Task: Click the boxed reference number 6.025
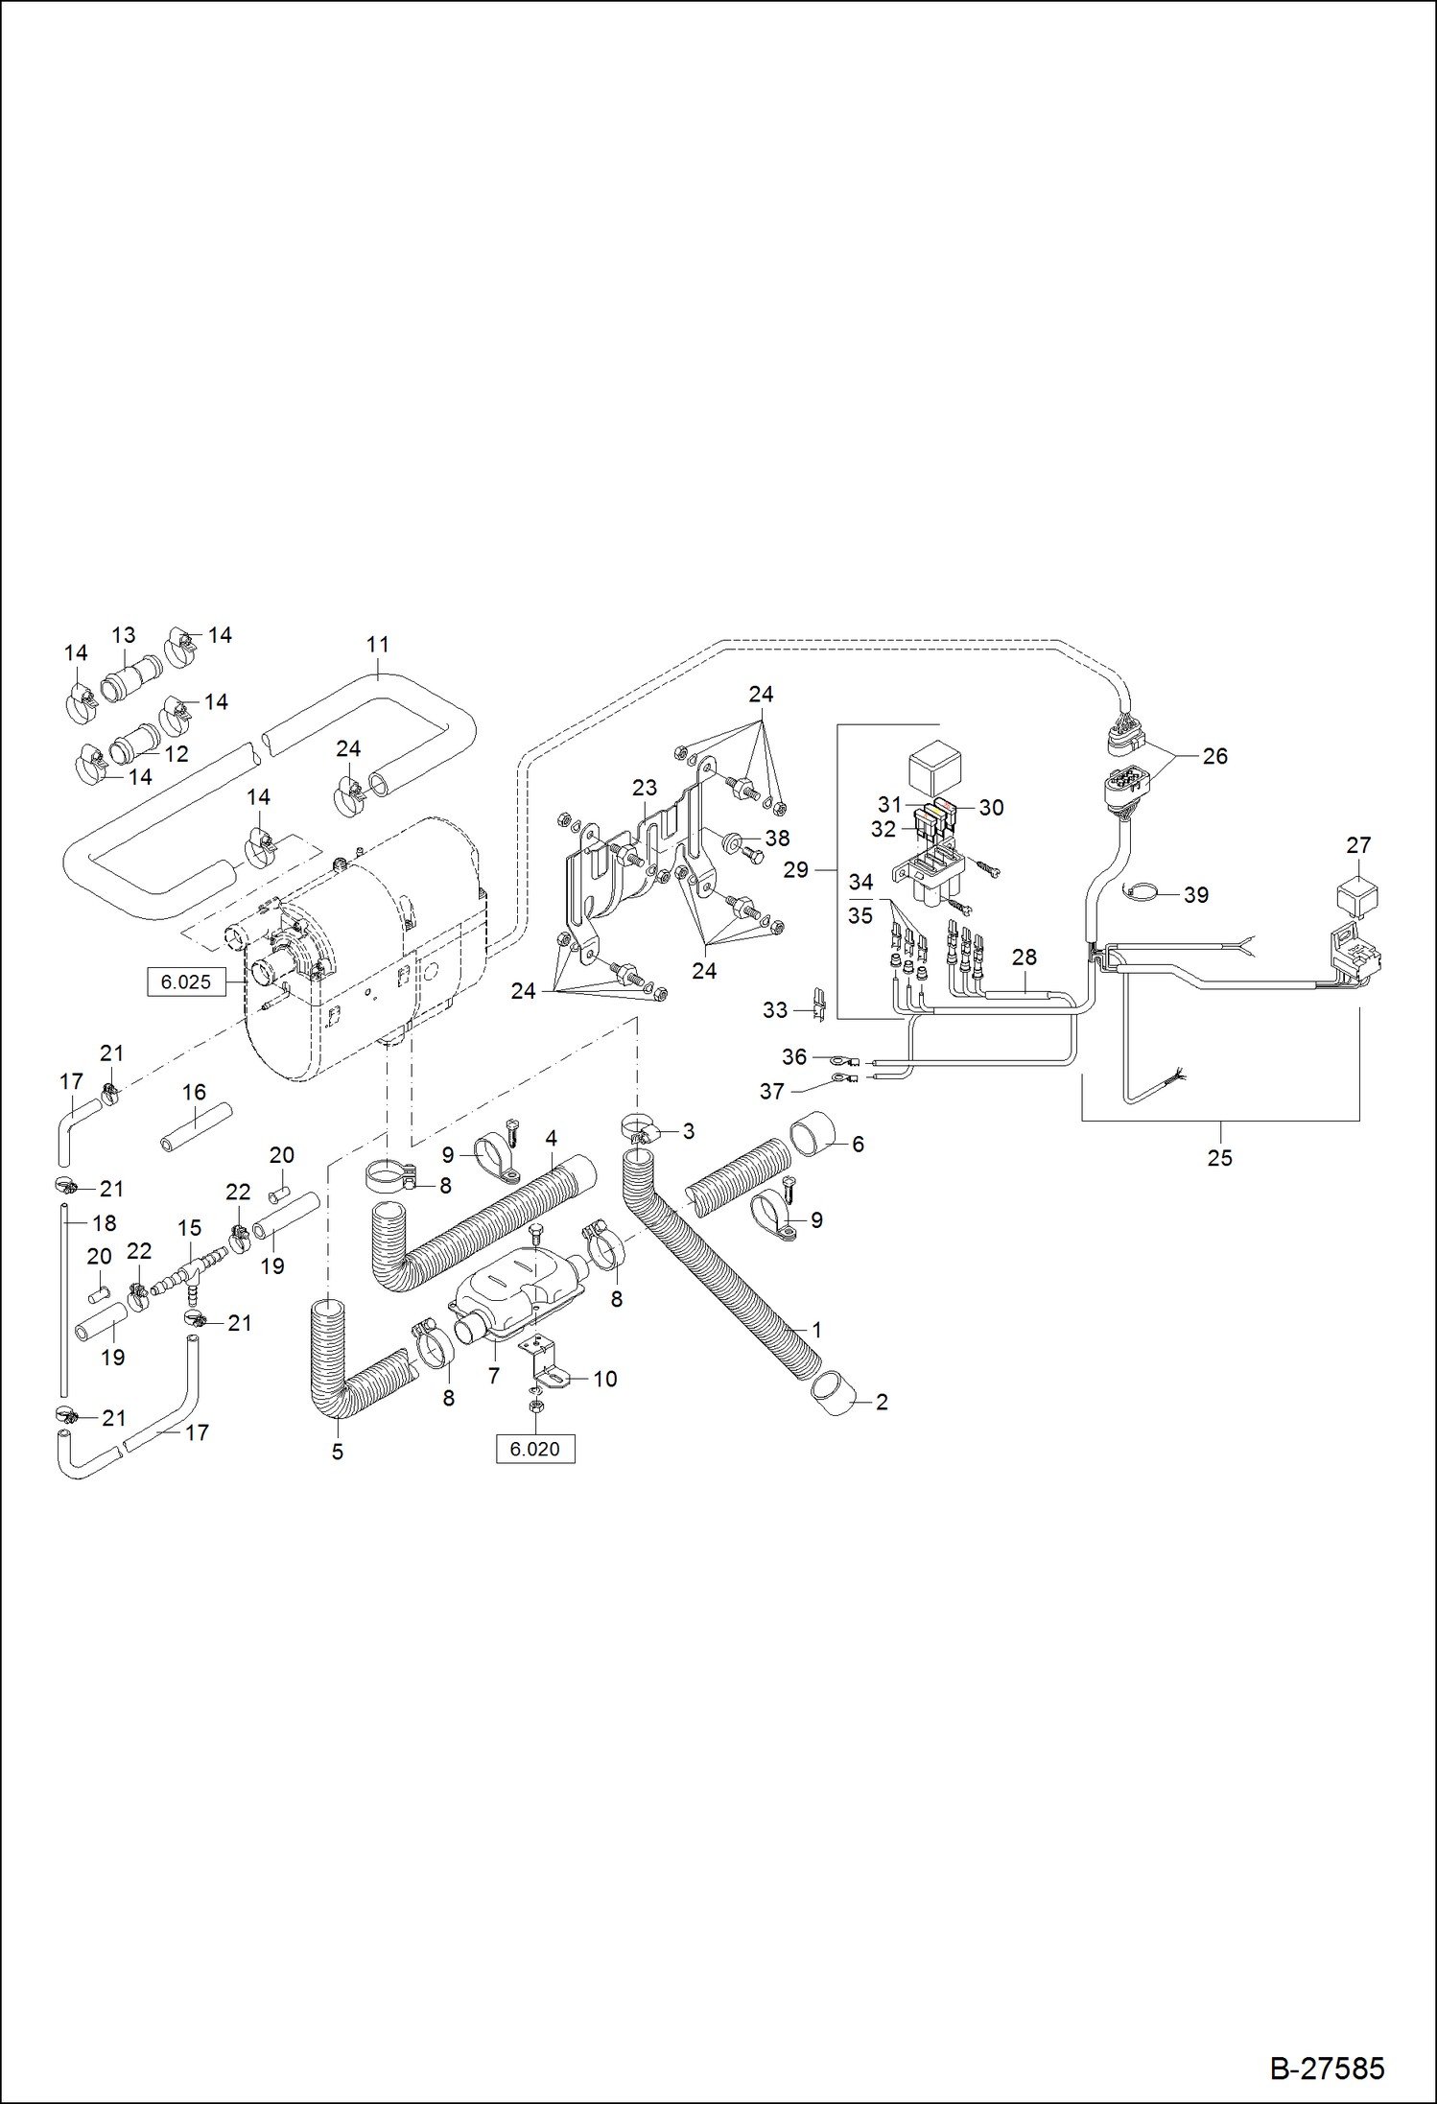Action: click(x=185, y=981)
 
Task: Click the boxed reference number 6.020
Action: click(x=534, y=1449)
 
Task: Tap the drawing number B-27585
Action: click(x=1327, y=2068)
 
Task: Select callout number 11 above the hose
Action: click(x=378, y=645)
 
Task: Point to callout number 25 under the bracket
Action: click(x=1219, y=1158)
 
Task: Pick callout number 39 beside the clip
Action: click(x=1195, y=894)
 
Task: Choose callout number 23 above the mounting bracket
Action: click(x=644, y=788)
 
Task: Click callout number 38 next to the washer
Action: click(x=777, y=838)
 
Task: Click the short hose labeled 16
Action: click(x=196, y=1127)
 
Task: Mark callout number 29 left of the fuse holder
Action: click(x=795, y=869)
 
